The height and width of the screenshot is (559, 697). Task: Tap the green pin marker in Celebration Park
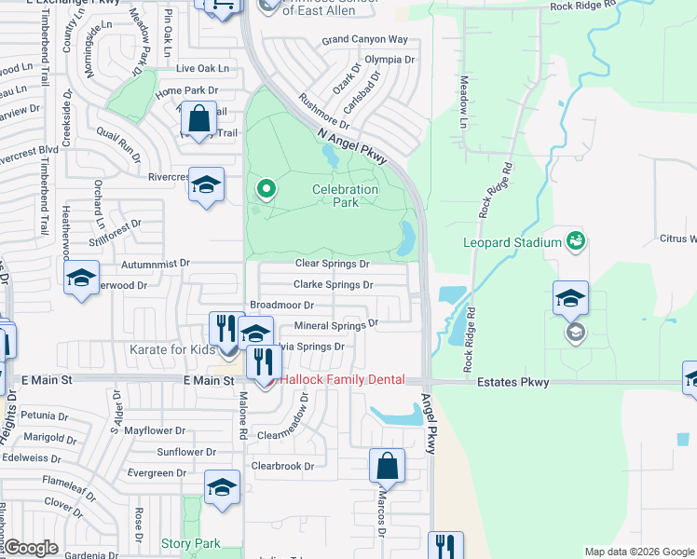point(266,190)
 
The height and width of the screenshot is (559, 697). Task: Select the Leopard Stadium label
point(513,243)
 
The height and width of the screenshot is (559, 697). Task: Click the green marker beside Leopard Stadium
point(576,241)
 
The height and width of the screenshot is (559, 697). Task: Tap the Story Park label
point(190,543)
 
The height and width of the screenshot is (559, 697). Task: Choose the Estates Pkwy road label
point(512,382)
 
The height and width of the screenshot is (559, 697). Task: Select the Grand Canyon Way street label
point(365,40)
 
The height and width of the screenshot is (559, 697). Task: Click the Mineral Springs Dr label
point(335,325)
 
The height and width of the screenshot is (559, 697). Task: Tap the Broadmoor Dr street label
point(281,305)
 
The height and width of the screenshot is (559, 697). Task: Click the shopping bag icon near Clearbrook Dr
point(387,467)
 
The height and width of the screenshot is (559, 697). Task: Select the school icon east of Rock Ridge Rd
point(570,298)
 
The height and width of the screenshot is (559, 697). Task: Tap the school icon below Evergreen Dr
point(222,487)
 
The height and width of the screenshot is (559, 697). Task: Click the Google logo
point(31,548)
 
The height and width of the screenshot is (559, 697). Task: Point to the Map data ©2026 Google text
point(638,552)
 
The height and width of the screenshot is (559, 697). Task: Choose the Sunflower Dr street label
point(186,452)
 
